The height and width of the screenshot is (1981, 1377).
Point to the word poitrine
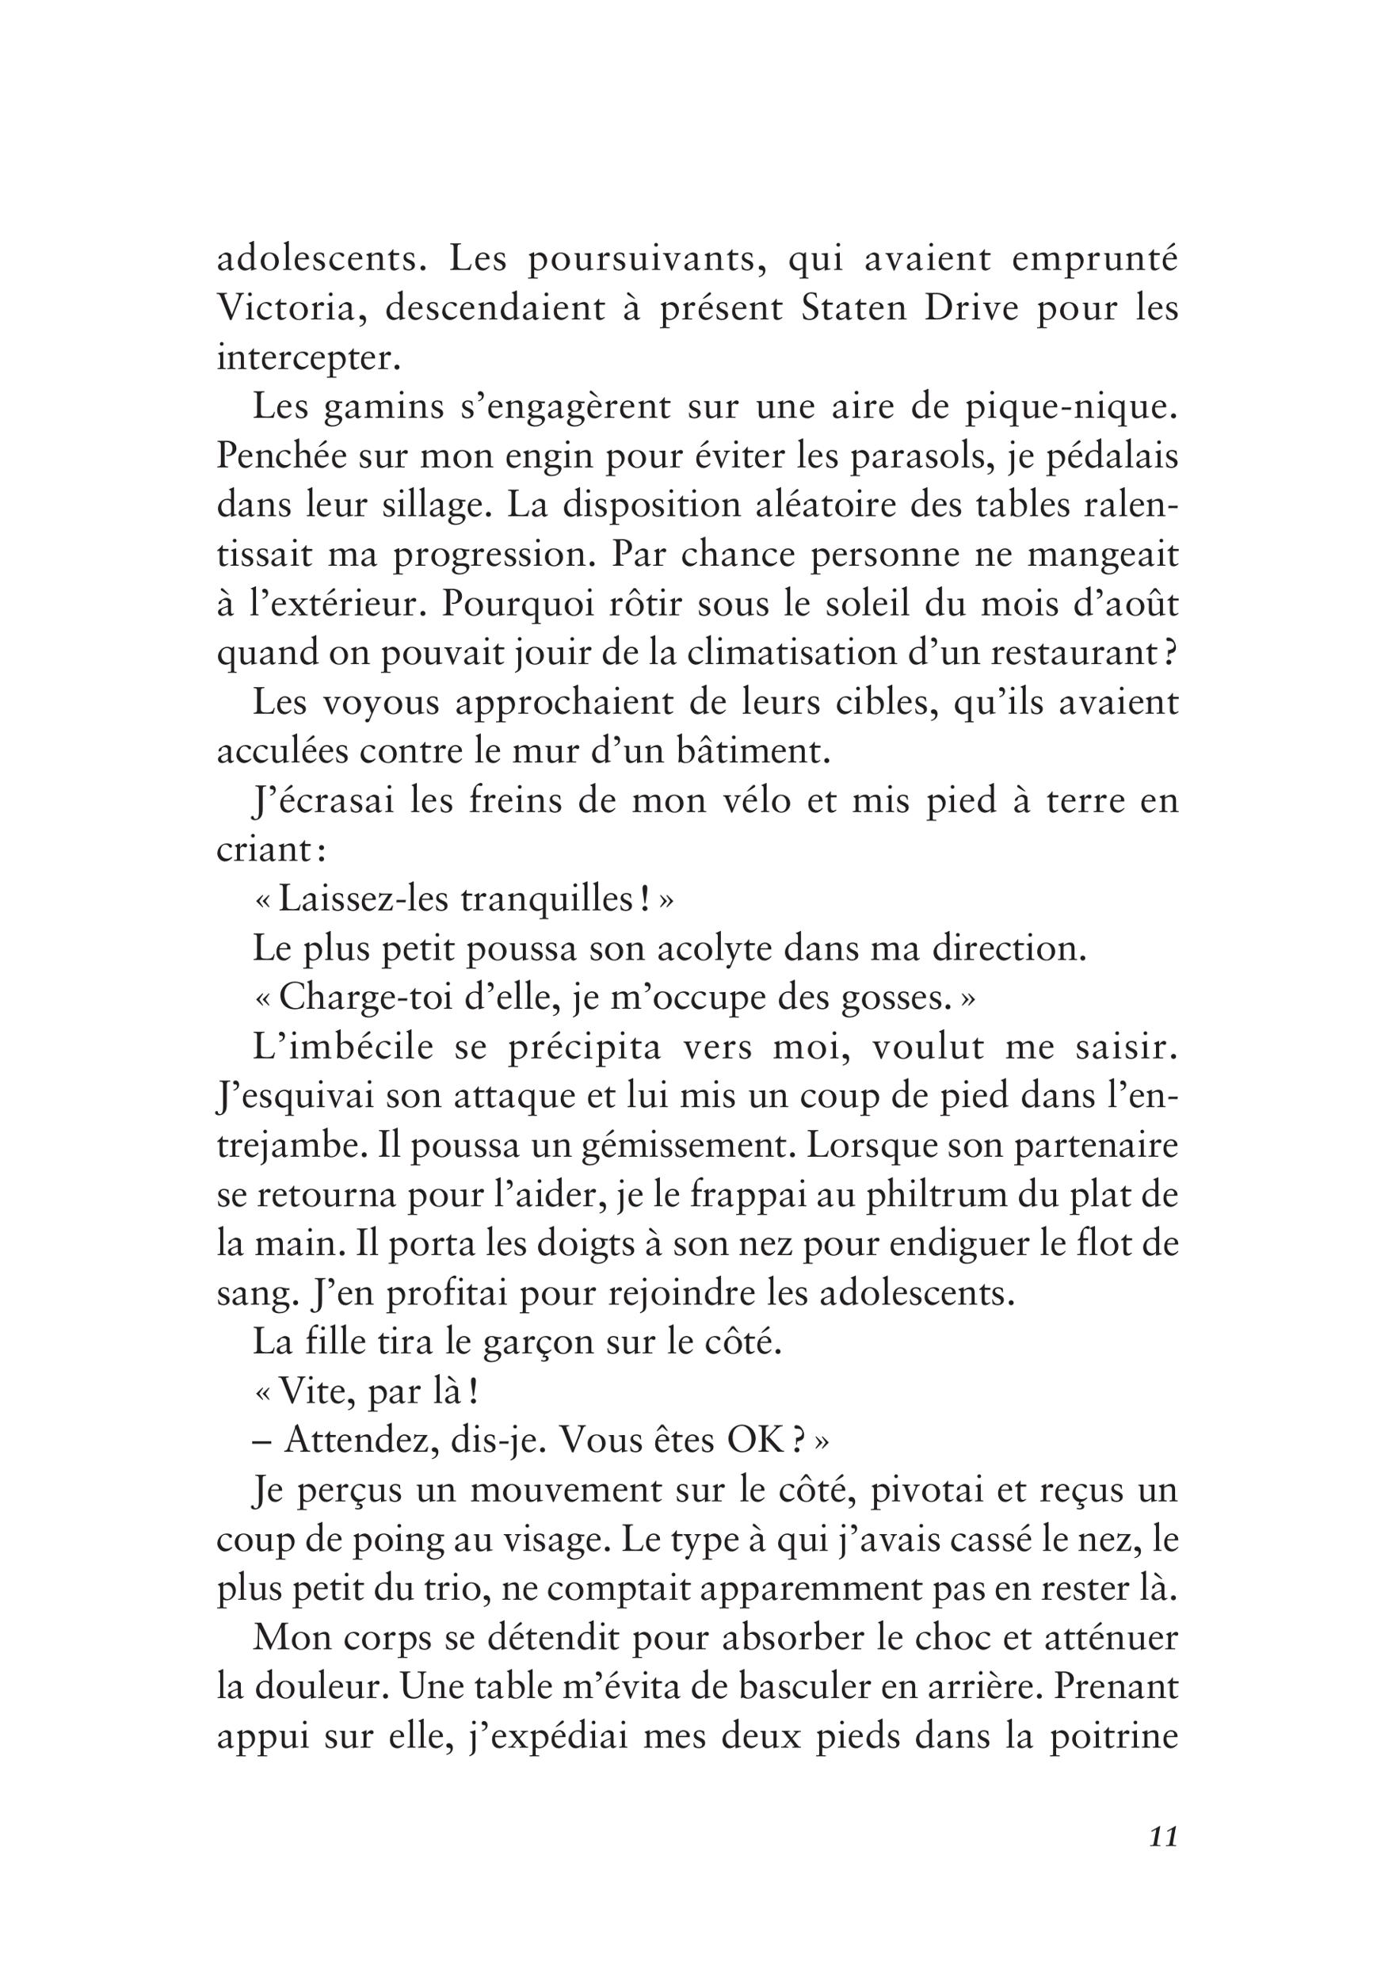click(1114, 1738)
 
